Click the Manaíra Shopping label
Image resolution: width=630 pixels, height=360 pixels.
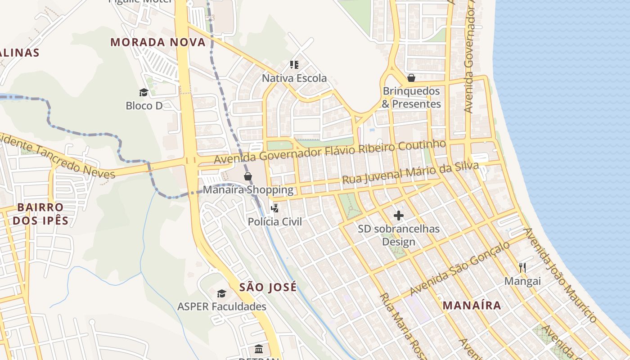(x=248, y=189)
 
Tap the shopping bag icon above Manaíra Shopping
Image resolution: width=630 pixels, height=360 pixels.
(x=247, y=176)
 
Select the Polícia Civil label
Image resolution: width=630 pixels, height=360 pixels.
(x=274, y=221)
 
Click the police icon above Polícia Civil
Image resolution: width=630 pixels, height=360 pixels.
(x=274, y=208)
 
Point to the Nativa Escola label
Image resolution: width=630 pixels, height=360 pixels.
(x=294, y=78)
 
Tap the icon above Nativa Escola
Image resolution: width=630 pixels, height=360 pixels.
(x=294, y=65)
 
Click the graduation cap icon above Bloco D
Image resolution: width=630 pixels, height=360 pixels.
(x=144, y=92)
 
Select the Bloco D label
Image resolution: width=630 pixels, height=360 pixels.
(x=144, y=106)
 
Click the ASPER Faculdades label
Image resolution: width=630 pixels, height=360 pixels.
(x=221, y=306)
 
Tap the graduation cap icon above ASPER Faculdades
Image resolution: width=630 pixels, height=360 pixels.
(x=221, y=293)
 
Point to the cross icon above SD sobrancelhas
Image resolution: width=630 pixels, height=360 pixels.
(x=399, y=216)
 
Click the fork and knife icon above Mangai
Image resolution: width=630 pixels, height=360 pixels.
(x=522, y=268)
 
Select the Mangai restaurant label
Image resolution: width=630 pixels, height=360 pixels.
(x=522, y=281)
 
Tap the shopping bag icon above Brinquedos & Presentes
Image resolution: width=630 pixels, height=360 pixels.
(x=411, y=78)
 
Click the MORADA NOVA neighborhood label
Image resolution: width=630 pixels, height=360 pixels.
(x=158, y=42)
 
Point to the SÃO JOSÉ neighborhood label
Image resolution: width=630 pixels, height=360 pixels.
(x=268, y=287)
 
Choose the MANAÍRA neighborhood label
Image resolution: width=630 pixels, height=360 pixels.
(x=472, y=305)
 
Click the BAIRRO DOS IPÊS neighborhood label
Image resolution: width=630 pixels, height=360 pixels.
(x=40, y=214)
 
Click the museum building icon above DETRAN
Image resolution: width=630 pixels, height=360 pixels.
(x=259, y=349)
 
